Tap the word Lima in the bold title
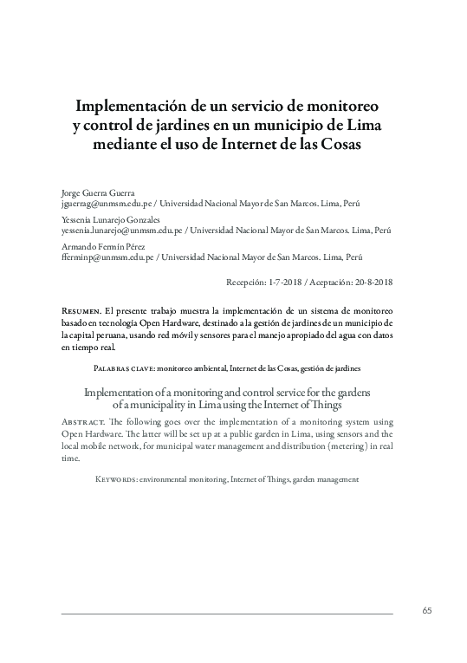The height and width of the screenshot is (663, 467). click(365, 126)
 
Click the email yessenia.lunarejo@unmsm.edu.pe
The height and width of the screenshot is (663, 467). click(121, 231)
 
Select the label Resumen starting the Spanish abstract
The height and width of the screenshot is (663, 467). click(81, 309)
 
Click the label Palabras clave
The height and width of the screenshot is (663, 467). click(124, 368)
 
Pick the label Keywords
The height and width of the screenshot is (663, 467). click(116, 478)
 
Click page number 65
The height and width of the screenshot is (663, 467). click(427, 610)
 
